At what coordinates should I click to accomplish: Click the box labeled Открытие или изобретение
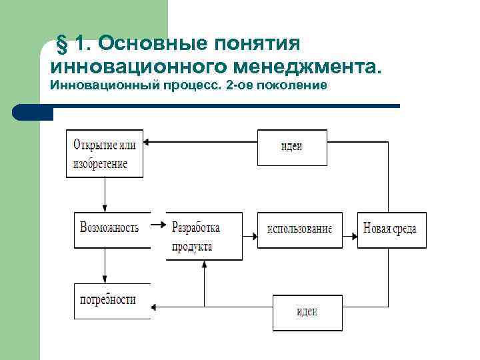pos(105,153)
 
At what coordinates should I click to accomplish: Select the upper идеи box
pos(292,147)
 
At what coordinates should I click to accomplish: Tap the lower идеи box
pos(307,312)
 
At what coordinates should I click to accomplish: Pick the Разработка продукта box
pos(204,237)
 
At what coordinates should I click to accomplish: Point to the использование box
pos(299,229)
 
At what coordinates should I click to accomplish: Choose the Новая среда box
pos(391,229)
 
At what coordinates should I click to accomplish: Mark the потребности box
pos(111,299)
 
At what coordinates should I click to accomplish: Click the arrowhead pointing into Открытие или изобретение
pos(149,141)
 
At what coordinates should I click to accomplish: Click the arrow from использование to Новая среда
pos(350,235)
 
